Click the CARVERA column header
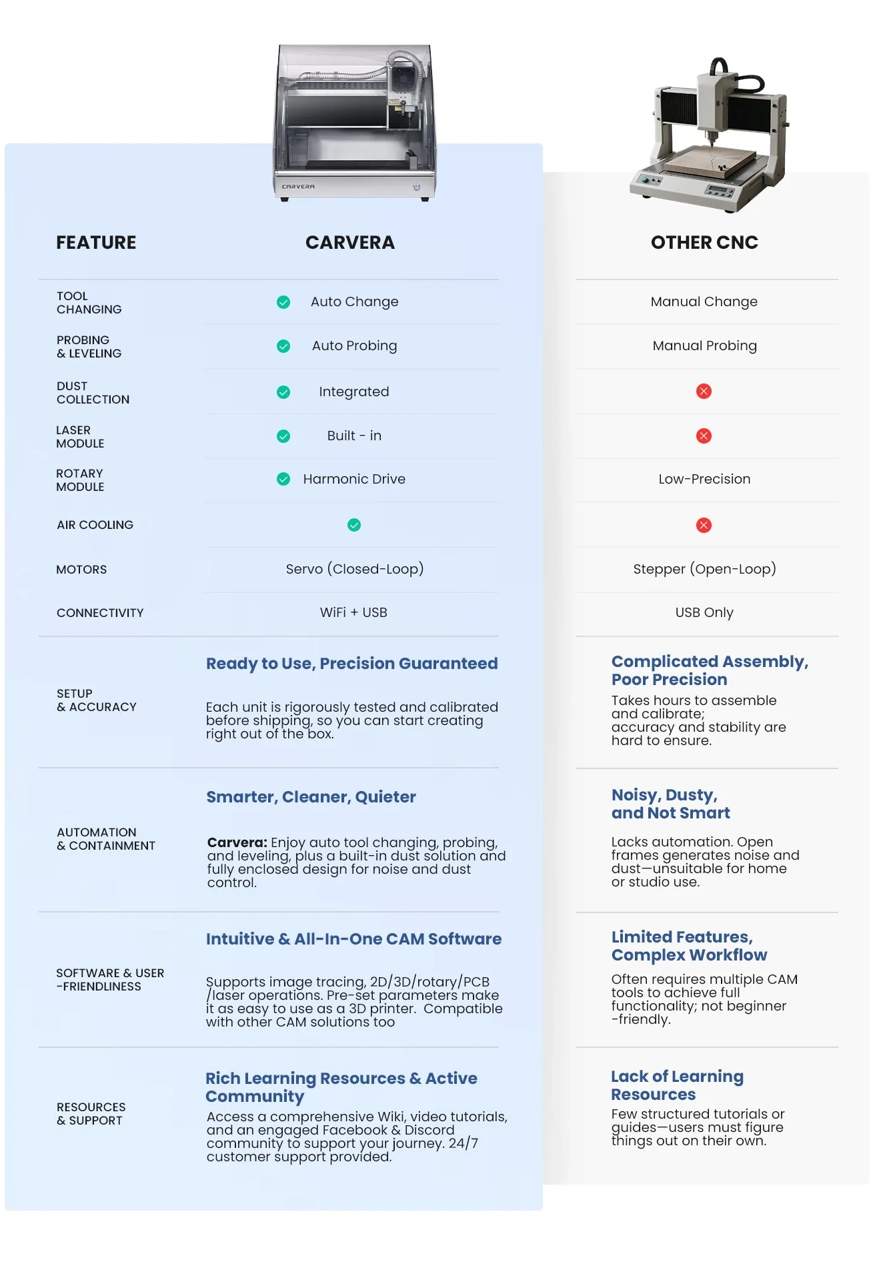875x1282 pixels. (x=349, y=242)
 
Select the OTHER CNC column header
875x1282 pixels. (x=704, y=242)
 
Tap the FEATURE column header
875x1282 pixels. (x=96, y=242)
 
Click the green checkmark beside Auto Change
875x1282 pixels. (x=283, y=302)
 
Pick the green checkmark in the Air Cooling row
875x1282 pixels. (x=354, y=525)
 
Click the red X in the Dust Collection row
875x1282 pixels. (x=704, y=391)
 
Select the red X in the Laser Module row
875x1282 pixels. (x=704, y=436)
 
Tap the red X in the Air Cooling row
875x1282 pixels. (x=704, y=525)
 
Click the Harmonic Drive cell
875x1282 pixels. (x=354, y=479)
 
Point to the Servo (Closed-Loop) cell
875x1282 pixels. (x=354, y=569)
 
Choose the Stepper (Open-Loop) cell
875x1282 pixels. (x=704, y=569)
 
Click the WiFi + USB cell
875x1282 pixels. (x=353, y=612)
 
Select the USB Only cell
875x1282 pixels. (x=704, y=612)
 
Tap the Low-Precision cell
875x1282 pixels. (x=704, y=479)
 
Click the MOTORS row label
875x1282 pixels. (x=81, y=570)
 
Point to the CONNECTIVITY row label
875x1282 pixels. (x=100, y=613)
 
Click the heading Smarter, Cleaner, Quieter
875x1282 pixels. (x=311, y=796)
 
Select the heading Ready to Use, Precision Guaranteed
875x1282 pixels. (x=351, y=663)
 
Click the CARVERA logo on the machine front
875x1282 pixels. (x=298, y=187)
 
